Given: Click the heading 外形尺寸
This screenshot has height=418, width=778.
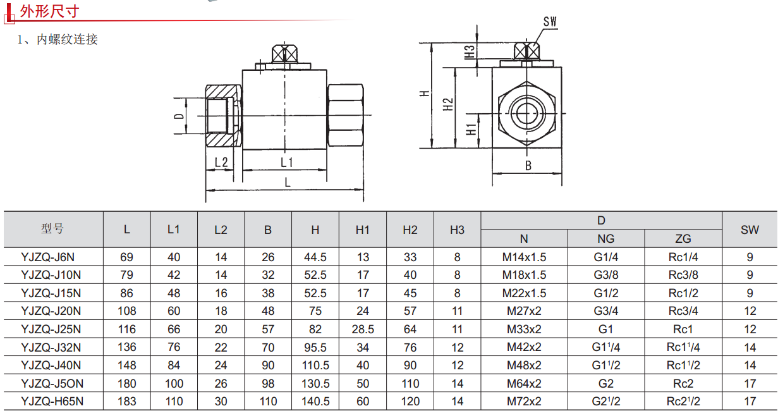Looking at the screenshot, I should point(50,11).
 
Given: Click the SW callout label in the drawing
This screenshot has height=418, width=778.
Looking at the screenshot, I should point(549,22).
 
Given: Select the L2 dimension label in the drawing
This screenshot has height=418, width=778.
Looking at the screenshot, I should point(221,162).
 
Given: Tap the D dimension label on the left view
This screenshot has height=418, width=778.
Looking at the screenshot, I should point(180,116).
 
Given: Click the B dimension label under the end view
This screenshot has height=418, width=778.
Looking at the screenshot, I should point(528,166).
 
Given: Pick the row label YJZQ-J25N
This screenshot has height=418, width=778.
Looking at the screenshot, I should point(51,329).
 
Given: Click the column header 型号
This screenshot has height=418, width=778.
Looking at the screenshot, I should point(52,229).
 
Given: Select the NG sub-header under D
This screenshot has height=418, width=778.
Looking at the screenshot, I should point(605,238).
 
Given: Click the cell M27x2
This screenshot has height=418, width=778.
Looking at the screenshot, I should point(524,311).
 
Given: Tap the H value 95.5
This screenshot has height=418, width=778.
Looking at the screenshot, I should point(315,347).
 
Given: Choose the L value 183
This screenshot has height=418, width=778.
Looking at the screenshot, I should point(127,402).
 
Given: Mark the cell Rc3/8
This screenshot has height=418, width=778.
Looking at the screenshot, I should point(683,275).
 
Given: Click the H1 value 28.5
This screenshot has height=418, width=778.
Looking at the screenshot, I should point(362,329).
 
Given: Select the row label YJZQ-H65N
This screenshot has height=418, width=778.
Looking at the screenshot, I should point(52,402).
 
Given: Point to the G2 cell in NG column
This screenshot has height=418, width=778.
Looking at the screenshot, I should point(605,383).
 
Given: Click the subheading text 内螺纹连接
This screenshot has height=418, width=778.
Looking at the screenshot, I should point(66,39).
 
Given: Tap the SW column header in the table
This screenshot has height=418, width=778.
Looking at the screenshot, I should point(750,230).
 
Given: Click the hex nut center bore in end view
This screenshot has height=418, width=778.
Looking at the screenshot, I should point(526,114).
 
